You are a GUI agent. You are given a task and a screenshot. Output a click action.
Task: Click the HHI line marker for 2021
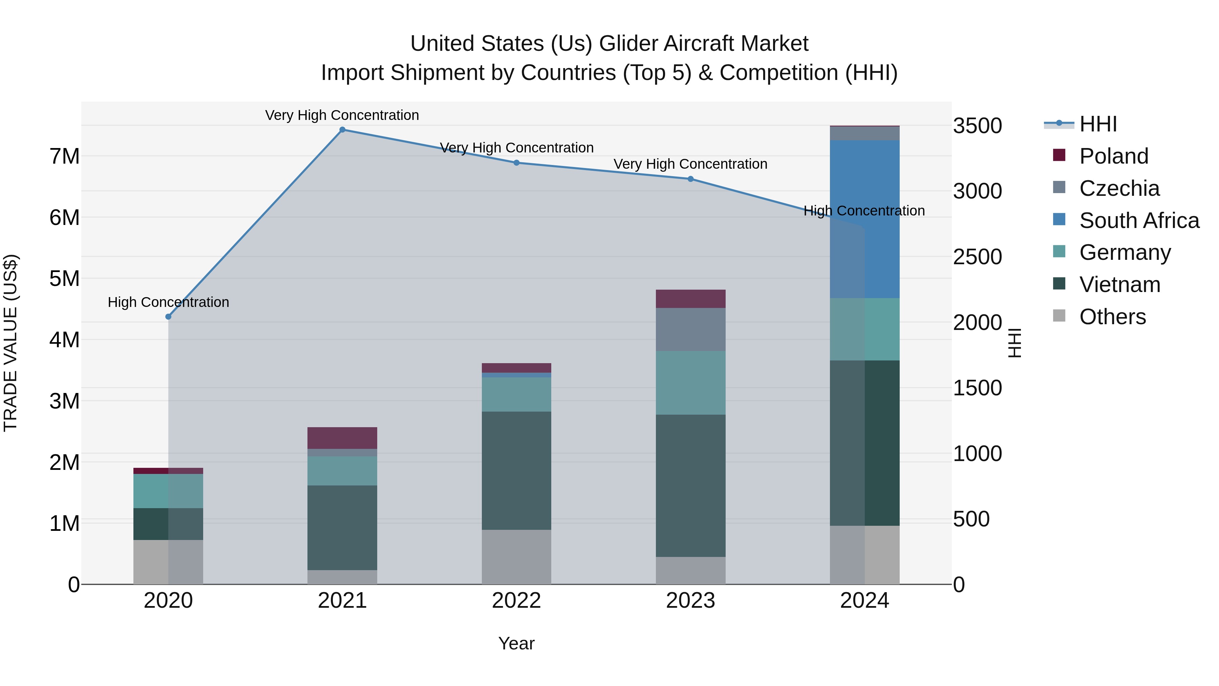(342, 130)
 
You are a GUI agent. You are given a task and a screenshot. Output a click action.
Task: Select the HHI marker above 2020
(169, 317)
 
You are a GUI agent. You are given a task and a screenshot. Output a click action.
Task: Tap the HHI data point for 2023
(690, 179)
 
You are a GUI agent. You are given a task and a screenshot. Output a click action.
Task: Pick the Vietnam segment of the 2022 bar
(516, 470)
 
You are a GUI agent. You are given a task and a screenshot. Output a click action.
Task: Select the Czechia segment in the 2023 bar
(690, 330)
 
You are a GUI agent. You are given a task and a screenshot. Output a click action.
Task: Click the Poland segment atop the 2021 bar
(342, 438)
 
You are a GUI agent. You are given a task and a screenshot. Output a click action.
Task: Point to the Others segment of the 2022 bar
(516, 557)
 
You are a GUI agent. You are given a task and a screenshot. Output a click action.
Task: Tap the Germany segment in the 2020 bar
(169, 491)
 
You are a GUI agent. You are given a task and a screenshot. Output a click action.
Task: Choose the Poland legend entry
(1113, 156)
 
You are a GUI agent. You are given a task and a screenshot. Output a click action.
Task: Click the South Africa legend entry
(1138, 221)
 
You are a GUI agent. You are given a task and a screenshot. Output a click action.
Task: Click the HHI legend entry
(1097, 124)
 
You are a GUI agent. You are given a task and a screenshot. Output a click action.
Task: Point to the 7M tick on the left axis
(65, 156)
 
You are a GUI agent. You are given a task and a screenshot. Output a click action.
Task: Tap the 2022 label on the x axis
(516, 601)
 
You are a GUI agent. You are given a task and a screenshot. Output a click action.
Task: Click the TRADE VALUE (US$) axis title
(11, 343)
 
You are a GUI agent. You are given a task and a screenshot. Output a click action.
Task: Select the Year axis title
(516, 643)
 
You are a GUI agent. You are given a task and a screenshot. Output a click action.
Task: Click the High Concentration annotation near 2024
(864, 211)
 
